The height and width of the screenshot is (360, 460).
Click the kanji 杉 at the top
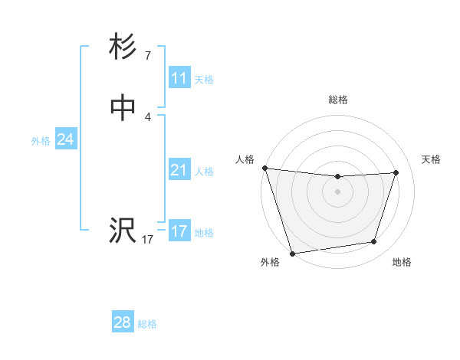[123, 48]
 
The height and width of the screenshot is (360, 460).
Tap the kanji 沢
[123, 230]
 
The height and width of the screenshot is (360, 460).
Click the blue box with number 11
[179, 78]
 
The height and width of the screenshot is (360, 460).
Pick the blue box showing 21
[179, 170]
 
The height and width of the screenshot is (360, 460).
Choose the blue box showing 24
[65, 139]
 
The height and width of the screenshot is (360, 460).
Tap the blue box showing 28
[122, 322]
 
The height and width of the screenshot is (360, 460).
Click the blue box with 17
[179, 231]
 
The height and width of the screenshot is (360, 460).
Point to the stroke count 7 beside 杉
[147, 56]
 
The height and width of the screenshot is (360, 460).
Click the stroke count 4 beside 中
[147, 117]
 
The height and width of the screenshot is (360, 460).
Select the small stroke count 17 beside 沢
[147, 240]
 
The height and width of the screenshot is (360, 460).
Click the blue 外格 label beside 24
[41, 141]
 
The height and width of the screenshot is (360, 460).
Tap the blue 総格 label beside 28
[147, 324]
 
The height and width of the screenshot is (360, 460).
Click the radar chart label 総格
[337, 100]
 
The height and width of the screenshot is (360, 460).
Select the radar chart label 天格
[432, 159]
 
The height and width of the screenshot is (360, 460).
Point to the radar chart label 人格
[245, 159]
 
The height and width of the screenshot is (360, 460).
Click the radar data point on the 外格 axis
[291, 252]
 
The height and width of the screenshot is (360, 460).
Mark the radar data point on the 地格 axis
[374, 242]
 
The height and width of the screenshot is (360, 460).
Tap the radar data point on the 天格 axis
[396, 172]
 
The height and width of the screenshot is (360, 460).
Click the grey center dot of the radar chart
[337, 191]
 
